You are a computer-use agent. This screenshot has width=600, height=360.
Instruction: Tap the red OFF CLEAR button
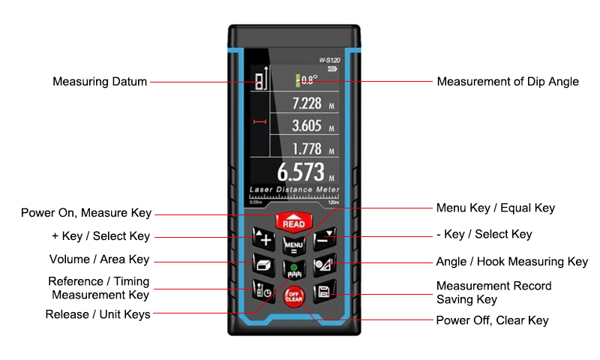pos(294,296)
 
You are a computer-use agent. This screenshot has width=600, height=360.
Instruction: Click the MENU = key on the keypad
pos(294,245)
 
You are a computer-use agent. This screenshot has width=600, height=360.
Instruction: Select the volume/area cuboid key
pos(264,264)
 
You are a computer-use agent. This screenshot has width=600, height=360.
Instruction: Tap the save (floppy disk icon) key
pos(325,292)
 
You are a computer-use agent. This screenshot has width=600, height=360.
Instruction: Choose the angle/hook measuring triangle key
pos(325,264)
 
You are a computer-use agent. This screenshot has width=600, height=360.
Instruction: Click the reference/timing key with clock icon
pos(264,292)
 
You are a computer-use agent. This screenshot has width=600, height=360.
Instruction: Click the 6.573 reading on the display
pos(301,172)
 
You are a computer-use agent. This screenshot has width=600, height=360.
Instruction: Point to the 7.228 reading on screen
pos(307,103)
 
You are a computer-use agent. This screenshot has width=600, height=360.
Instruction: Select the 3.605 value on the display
pos(307,126)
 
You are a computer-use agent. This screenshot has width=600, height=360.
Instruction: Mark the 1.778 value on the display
pos(307,148)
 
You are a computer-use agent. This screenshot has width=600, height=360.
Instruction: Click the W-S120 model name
pos(329,60)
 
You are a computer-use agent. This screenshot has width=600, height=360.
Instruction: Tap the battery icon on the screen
pos(332,69)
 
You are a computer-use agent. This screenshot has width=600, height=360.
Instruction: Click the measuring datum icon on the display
pos(261,79)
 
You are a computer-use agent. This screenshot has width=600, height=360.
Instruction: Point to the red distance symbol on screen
pos(259,121)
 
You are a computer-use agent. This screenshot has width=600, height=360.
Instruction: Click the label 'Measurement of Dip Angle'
pos(508,82)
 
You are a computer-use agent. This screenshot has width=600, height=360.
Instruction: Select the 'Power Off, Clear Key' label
pos(492,320)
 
